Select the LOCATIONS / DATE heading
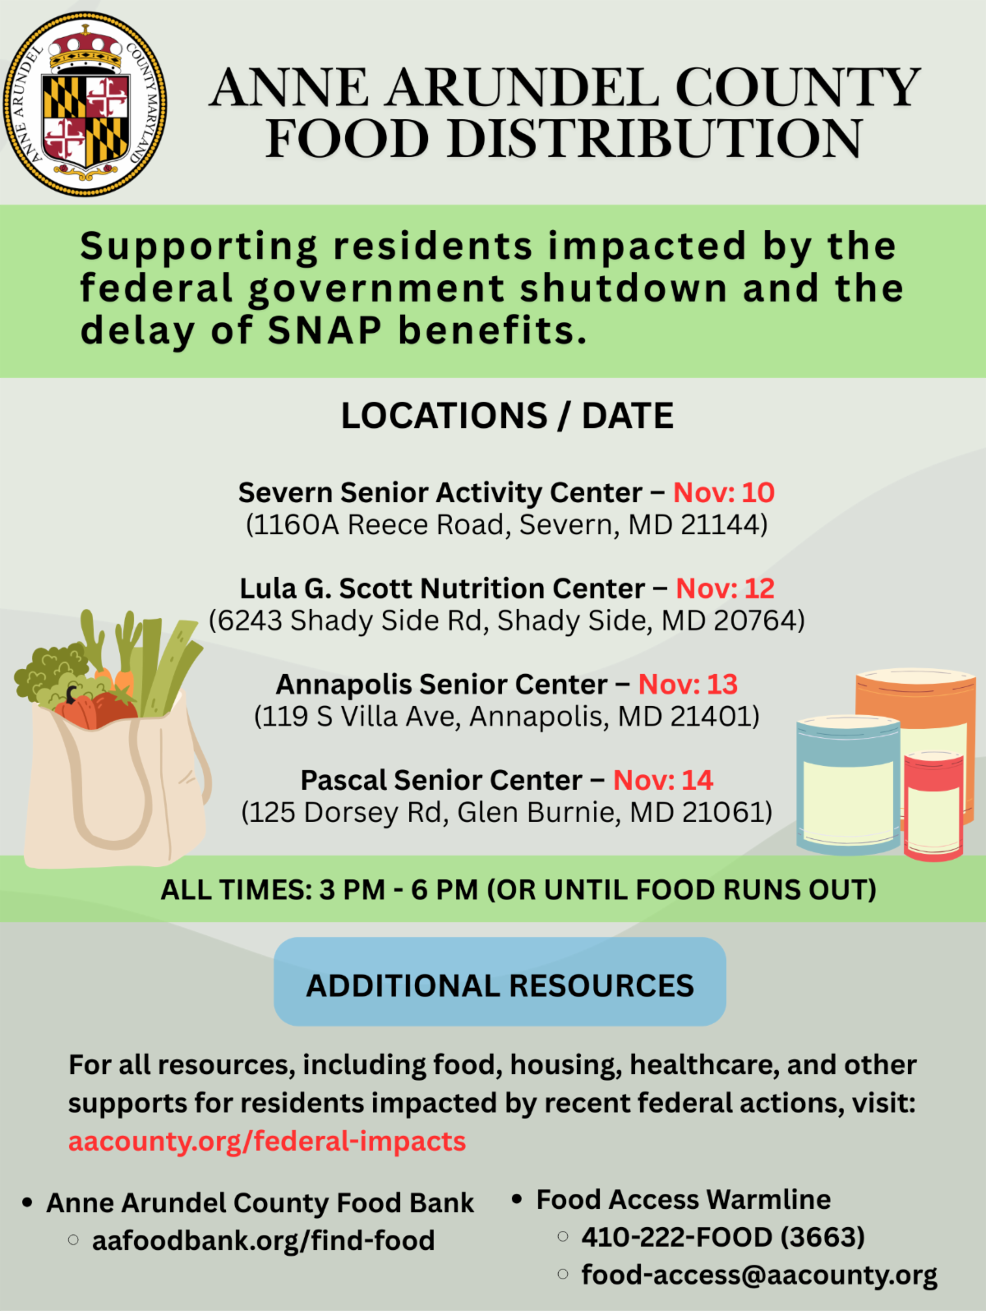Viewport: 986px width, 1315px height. pyautogui.click(x=507, y=415)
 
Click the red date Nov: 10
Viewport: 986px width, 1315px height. pyautogui.click(x=723, y=492)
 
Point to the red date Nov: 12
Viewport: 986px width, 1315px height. pyautogui.click(x=725, y=588)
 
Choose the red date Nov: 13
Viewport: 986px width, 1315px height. pyautogui.click(x=688, y=684)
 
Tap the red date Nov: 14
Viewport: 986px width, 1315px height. pyautogui.click(x=662, y=780)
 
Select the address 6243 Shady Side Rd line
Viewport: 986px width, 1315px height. pyautogui.click(x=506, y=621)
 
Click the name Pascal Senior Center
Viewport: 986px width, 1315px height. pyautogui.click(x=440, y=780)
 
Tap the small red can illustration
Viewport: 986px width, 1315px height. pyautogui.click(x=933, y=805)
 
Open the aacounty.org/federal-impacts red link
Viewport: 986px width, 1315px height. pyautogui.click(x=267, y=1141)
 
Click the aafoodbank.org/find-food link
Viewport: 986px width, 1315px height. pyautogui.click(x=263, y=1240)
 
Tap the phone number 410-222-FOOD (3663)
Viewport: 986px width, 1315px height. pyautogui.click(x=723, y=1237)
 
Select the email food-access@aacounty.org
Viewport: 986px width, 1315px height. pyautogui.click(x=758, y=1275)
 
